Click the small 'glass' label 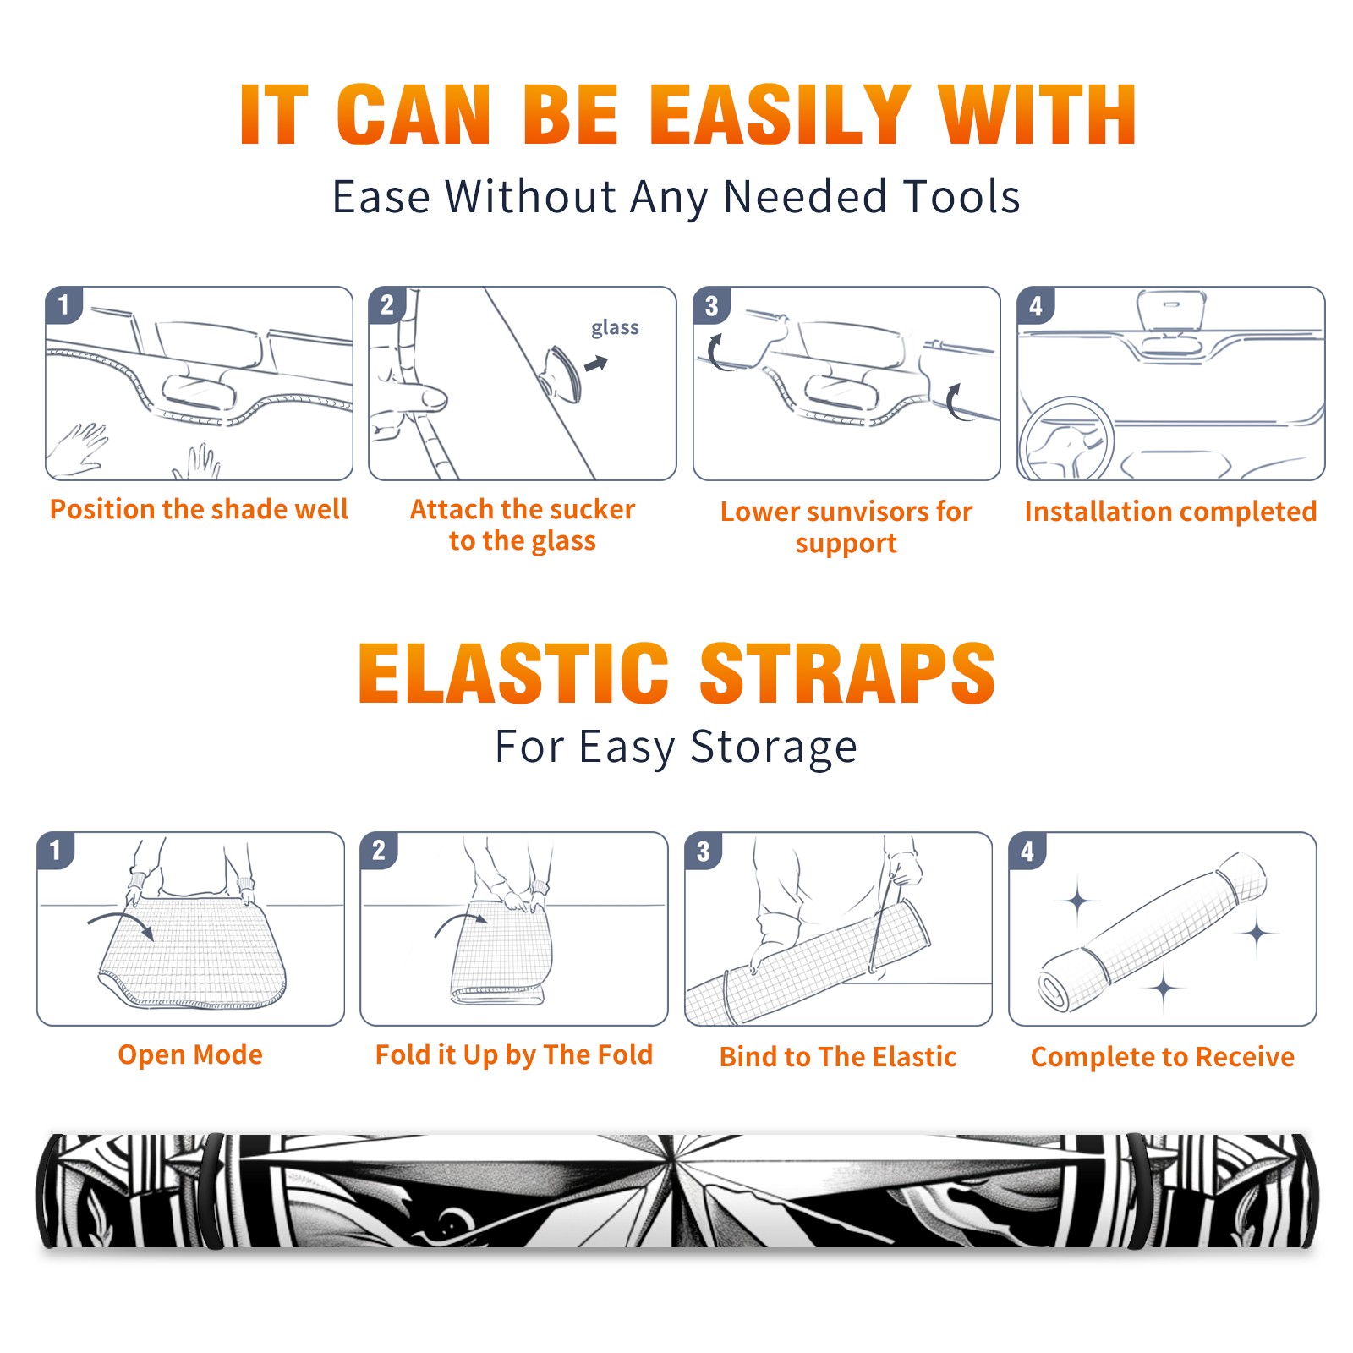(615, 328)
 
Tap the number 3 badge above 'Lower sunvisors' (711, 305)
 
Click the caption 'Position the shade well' (199, 509)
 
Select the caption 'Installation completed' (1170, 512)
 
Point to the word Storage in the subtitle (774, 748)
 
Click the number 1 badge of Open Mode (56, 850)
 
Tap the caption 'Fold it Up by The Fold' (514, 1054)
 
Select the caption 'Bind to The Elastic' (838, 1057)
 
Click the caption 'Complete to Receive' (1163, 1057)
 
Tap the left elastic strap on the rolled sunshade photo (213, 1191)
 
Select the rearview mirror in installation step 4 (1170, 310)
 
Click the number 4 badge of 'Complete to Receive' (1027, 851)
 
